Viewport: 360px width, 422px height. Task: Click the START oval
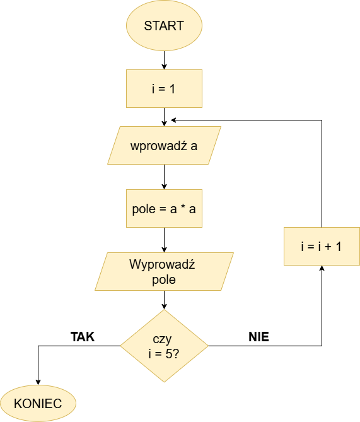pyautogui.click(x=164, y=26)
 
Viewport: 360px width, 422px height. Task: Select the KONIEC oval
pyautogui.click(x=38, y=403)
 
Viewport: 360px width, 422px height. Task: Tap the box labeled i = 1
pyautogui.click(x=164, y=88)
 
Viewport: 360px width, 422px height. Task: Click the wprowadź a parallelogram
pyautogui.click(x=164, y=145)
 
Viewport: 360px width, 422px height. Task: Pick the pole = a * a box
pyautogui.click(x=164, y=208)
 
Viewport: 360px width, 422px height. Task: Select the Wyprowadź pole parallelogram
pyautogui.click(x=164, y=271)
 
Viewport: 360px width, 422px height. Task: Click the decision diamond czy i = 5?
pyautogui.click(x=164, y=346)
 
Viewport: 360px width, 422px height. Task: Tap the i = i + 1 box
pyautogui.click(x=322, y=246)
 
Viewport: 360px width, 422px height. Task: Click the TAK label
pyautogui.click(x=83, y=337)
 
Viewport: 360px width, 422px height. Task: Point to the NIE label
pyautogui.click(x=259, y=337)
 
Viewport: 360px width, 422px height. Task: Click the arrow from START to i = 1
pyautogui.click(x=164, y=60)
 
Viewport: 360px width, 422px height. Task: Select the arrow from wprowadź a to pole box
pyautogui.click(x=164, y=177)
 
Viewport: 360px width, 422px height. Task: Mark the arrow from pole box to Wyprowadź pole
pyautogui.click(x=164, y=240)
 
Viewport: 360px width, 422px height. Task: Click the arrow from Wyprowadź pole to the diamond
pyautogui.click(x=164, y=300)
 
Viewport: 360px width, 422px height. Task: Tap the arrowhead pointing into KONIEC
pyautogui.click(x=38, y=382)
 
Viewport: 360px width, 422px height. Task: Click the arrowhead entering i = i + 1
pyautogui.click(x=322, y=268)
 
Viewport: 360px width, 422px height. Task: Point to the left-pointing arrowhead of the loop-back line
pyautogui.click(x=173, y=120)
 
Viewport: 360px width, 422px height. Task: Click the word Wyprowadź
pyautogui.click(x=162, y=264)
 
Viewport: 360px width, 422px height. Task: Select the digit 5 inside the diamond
pyautogui.click(x=169, y=354)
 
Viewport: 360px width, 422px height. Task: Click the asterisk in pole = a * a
pyautogui.click(x=183, y=207)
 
